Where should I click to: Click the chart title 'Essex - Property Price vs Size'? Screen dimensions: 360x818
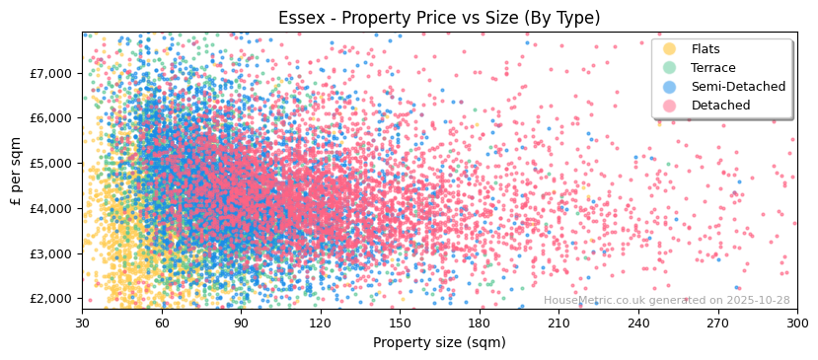click(x=439, y=18)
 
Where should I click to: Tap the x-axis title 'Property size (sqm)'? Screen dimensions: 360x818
click(x=439, y=342)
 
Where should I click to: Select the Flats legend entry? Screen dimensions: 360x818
click(x=705, y=49)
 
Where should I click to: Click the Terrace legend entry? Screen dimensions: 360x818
click(x=712, y=68)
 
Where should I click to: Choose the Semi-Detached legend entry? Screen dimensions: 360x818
click(x=738, y=87)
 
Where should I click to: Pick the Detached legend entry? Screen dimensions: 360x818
click(x=720, y=106)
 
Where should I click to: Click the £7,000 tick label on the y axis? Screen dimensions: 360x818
click(x=50, y=73)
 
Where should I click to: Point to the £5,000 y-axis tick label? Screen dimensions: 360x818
click(x=50, y=163)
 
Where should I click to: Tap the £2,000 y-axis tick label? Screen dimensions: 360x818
click(x=50, y=298)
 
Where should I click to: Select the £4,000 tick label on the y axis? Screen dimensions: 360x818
click(x=50, y=208)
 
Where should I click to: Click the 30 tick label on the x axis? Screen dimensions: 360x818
click(x=82, y=323)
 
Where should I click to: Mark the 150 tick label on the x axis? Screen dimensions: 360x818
click(x=400, y=323)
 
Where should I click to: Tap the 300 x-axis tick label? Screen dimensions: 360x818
click(x=797, y=323)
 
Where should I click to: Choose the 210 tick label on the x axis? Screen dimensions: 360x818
click(x=558, y=323)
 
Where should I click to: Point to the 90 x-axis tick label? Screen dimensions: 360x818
click(x=241, y=323)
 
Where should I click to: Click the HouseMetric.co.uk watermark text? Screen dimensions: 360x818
click(x=666, y=301)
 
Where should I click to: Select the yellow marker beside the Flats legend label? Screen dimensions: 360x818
click(x=670, y=49)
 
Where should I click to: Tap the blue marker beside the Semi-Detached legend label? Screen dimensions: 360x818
click(x=670, y=87)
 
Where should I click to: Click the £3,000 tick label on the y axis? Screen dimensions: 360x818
click(x=50, y=253)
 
